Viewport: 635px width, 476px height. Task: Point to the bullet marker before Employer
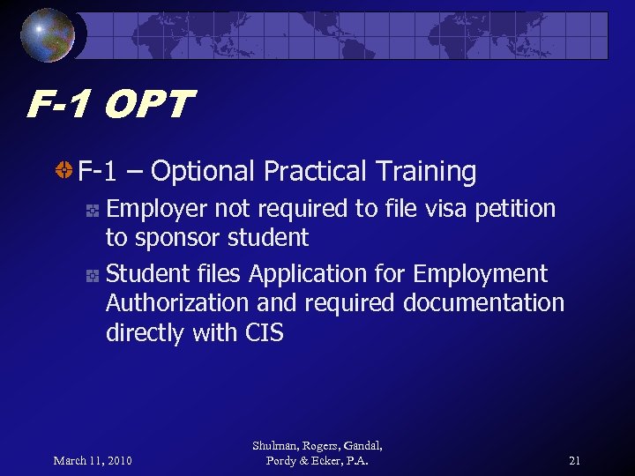coord(91,210)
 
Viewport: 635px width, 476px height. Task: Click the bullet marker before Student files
coord(91,275)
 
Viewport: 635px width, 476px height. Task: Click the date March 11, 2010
coord(93,460)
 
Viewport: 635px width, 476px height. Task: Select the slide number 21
coord(574,460)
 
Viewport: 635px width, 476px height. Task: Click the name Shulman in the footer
coord(273,446)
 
